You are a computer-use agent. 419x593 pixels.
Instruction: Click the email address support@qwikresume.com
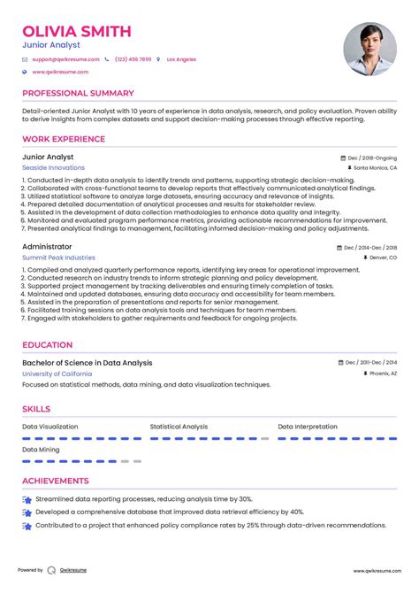pos(66,59)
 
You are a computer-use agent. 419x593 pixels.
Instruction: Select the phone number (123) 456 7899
pos(133,59)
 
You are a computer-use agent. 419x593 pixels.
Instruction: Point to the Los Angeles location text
pos(181,59)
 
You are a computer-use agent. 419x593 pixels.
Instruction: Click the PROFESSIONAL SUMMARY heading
pos(78,93)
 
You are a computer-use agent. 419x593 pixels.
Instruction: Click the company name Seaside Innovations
pos(54,167)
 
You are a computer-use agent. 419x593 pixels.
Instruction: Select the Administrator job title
pos(47,246)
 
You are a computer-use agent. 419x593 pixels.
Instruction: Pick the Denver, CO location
pos(380,257)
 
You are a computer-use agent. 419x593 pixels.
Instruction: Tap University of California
pos(59,374)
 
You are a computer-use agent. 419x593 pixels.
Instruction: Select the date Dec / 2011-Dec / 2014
pos(370,363)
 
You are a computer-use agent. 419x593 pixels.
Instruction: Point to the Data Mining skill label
pos(42,450)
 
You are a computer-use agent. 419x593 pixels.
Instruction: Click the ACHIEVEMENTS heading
pos(56,481)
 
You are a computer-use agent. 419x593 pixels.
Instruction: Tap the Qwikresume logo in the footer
pos(52,571)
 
